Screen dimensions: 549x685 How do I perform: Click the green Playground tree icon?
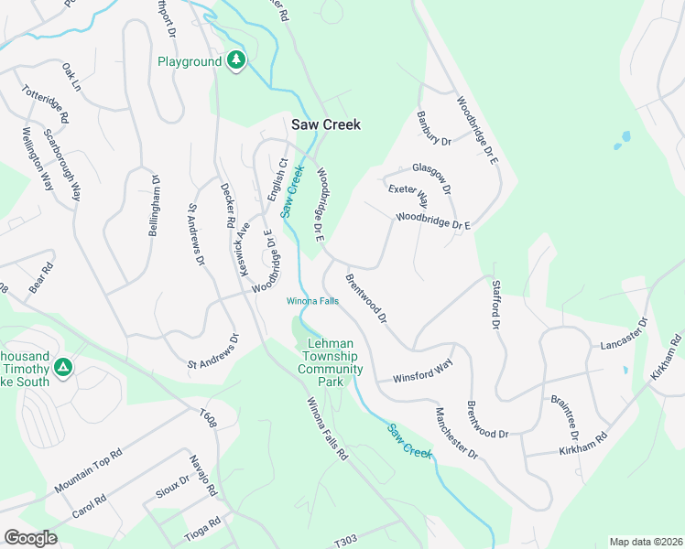237,60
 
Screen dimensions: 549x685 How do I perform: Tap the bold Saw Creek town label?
326,124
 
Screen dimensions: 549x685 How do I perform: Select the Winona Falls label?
313,301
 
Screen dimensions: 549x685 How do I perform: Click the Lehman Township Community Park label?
331,362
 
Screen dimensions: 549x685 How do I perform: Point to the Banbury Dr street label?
434,129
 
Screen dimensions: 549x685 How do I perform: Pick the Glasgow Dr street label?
431,177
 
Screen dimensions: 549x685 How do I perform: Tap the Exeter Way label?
408,195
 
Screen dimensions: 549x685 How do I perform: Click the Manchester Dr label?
456,433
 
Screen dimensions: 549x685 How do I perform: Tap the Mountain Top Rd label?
88,472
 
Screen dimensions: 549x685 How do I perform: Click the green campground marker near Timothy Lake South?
63,367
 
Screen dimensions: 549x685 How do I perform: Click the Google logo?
30,537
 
